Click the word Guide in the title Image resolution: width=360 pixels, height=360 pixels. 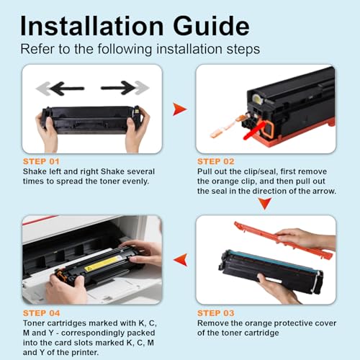click(212, 26)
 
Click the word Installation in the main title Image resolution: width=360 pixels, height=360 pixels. click(92, 26)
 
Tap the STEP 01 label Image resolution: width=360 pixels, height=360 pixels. click(41, 161)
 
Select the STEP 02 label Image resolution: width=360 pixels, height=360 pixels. click(216, 161)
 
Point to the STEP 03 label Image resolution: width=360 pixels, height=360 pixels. click(216, 313)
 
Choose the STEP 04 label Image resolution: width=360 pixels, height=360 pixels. click(42, 313)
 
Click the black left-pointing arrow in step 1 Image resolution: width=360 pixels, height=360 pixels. click(67, 89)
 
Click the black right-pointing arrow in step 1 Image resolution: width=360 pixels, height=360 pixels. click(118, 88)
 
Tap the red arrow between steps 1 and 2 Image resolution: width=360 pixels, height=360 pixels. click(179, 109)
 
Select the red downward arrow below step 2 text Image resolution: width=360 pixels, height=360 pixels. click(265, 204)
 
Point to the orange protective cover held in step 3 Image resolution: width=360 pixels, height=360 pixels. click(283, 240)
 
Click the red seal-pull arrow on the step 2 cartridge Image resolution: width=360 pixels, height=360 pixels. click(254, 130)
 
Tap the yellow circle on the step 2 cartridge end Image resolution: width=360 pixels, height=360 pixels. click(256, 98)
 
